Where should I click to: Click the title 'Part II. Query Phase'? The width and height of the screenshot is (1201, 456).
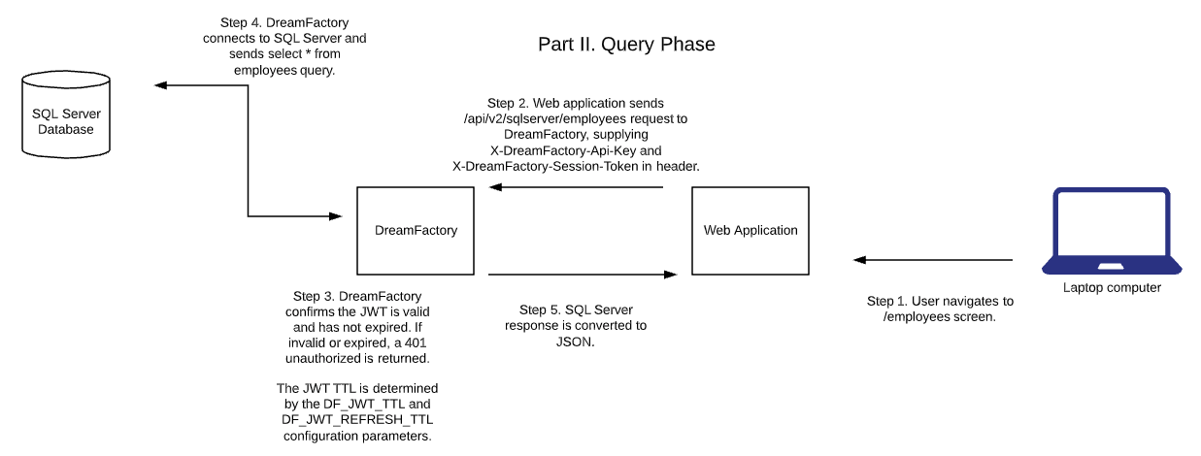pos(626,45)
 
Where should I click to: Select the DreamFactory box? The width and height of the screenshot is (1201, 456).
pos(416,230)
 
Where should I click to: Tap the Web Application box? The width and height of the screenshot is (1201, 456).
pos(750,230)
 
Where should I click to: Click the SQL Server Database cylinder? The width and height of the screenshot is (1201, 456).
pos(66,121)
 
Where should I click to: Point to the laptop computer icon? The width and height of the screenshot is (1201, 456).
pos(1112,233)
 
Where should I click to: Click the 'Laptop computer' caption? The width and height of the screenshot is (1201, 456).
pos(1112,288)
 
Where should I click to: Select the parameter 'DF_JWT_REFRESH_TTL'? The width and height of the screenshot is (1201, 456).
pos(357,420)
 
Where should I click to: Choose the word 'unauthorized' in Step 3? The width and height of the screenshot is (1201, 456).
pos(324,359)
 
